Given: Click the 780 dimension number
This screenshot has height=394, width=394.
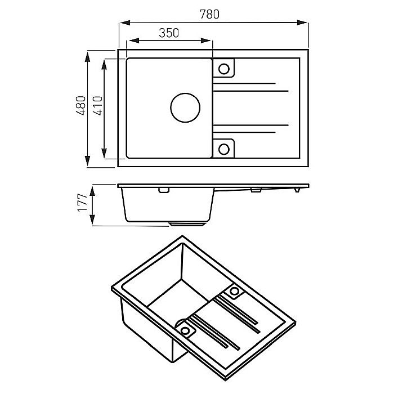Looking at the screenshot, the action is [x=209, y=14].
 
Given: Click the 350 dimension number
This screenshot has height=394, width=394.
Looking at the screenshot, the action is [x=169, y=33].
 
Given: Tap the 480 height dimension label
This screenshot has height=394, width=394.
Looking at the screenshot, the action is [x=81, y=106].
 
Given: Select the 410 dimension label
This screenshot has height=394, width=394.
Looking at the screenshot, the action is [x=98, y=106].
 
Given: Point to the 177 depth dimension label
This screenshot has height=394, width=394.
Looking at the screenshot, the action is [x=82, y=203].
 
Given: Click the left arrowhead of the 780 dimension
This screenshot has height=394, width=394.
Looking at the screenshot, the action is [x=125, y=23].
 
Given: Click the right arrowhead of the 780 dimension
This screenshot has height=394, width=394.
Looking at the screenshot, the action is [x=302, y=23].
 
